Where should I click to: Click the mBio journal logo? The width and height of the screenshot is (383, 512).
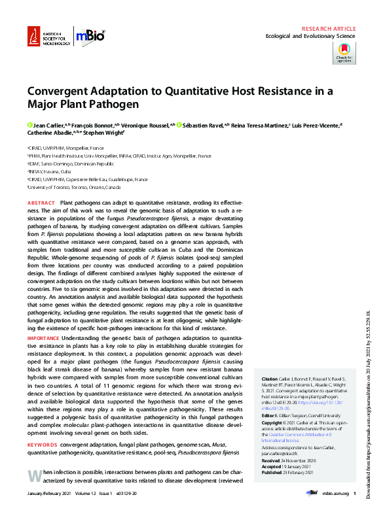click(88, 36)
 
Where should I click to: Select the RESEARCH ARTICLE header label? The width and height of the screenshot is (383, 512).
click(329, 29)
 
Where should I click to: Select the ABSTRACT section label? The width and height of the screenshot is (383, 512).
click(42, 204)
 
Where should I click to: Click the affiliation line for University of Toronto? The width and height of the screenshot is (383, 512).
click(71, 186)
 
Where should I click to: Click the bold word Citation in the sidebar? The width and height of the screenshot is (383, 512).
click(270, 379)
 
